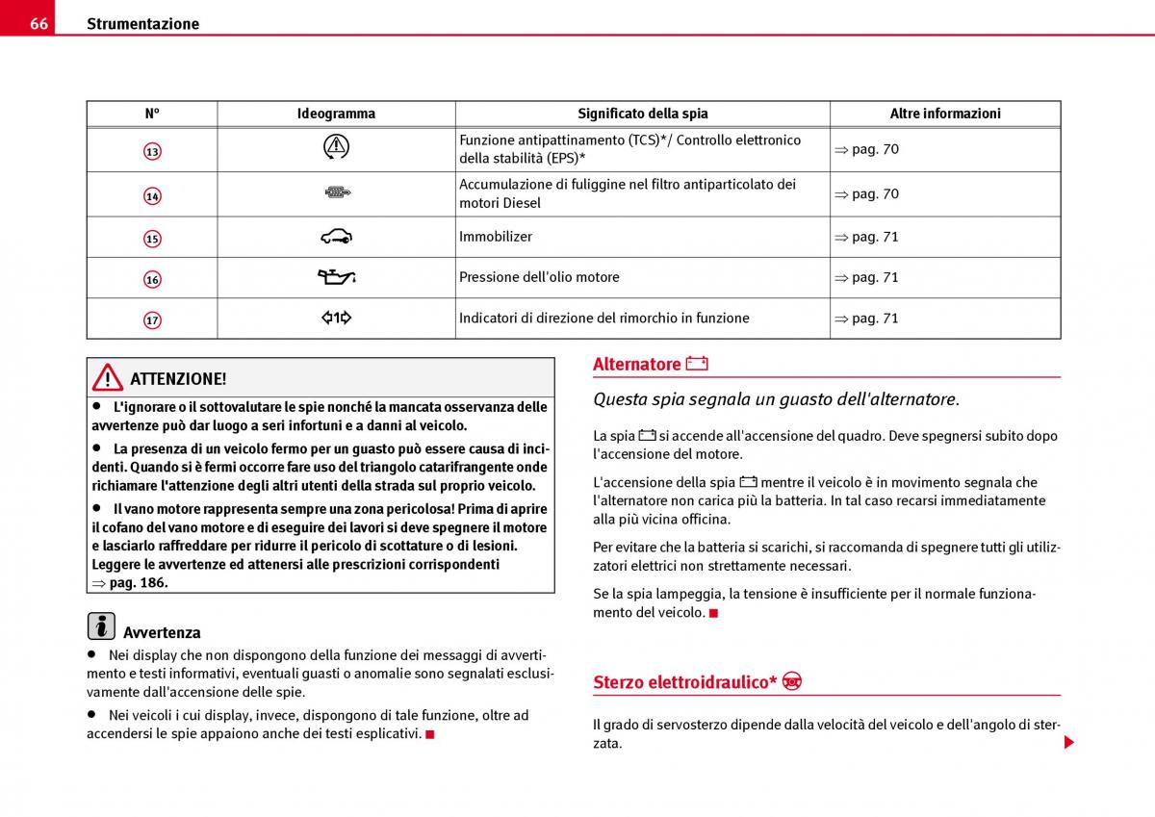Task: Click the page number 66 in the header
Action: [38, 23]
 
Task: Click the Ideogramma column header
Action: [336, 114]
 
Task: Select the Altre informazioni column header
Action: [944, 114]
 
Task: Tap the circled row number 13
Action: [152, 151]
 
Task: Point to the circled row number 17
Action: [152, 319]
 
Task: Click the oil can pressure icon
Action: [337, 277]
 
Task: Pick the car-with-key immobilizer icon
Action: [336, 236]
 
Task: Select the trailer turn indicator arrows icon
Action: [336, 318]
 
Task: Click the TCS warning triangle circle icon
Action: [336, 147]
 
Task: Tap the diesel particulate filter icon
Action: [336, 193]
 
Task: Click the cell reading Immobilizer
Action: [496, 237]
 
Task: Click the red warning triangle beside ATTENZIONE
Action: [108, 377]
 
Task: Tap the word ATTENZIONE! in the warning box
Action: [178, 379]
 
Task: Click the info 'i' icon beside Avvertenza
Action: [100, 626]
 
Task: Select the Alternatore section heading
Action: [636, 364]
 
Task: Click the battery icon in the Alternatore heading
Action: [697, 364]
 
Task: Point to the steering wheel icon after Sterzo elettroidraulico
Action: [792, 681]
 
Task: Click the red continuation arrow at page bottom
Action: [1068, 743]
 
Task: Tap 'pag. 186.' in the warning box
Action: [138, 583]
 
